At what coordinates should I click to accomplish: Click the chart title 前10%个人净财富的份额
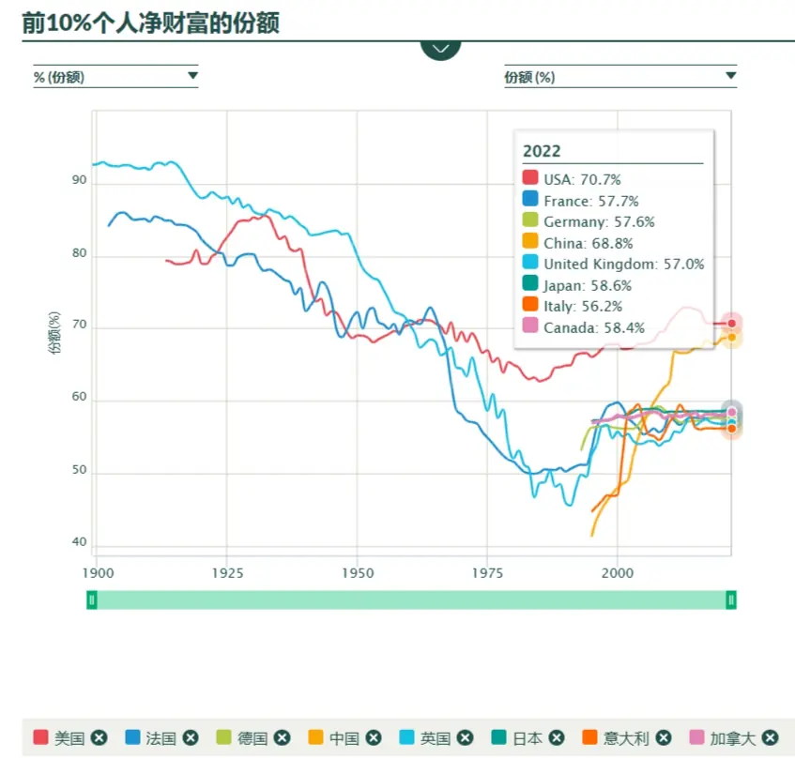coord(150,23)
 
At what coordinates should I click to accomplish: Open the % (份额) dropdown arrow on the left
coord(192,76)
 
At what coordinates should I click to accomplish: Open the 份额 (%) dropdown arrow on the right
coord(730,76)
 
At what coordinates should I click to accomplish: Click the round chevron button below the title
coord(440,50)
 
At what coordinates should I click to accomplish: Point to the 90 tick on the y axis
coord(79,180)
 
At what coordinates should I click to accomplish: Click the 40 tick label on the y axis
coord(79,542)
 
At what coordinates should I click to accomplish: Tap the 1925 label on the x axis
coord(227,573)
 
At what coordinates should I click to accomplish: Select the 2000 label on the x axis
coord(618,573)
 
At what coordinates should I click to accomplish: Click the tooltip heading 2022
coord(542,151)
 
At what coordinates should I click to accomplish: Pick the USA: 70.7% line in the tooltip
coord(582,180)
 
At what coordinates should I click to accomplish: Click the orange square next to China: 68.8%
coord(530,241)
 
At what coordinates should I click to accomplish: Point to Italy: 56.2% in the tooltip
coord(583,307)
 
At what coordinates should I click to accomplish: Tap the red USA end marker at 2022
coord(731,324)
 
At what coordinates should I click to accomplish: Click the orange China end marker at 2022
coord(731,338)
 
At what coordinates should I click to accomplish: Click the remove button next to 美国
coord(99,737)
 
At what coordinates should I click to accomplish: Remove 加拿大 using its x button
coord(770,737)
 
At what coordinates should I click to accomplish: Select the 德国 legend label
coord(252,738)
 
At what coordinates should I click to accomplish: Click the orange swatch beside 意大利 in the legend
coord(589,737)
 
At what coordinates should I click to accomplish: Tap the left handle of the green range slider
coord(92,600)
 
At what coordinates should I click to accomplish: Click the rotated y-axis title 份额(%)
coord(54,332)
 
